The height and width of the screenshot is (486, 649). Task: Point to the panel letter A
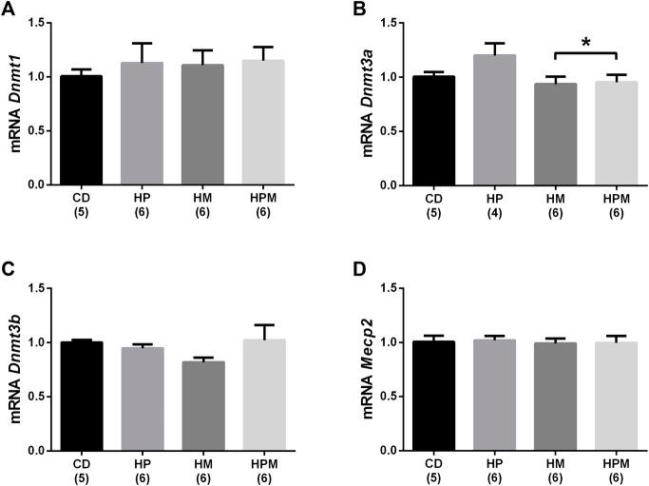(9, 10)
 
